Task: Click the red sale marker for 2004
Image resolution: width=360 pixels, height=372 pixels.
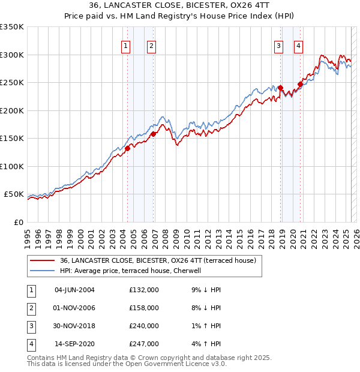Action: (x=128, y=148)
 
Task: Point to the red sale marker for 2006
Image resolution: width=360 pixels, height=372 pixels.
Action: (x=154, y=134)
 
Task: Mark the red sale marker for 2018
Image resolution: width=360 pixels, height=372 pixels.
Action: (x=281, y=88)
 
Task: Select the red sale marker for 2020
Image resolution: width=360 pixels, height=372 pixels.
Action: (x=300, y=84)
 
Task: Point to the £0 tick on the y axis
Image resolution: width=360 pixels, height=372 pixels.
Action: (x=19, y=222)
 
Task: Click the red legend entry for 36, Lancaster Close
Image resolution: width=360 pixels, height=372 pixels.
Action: (x=158, y=260)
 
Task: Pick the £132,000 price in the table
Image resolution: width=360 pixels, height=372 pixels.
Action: (x=144, y=290)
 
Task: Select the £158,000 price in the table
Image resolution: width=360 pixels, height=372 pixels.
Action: (x=144, y=308)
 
